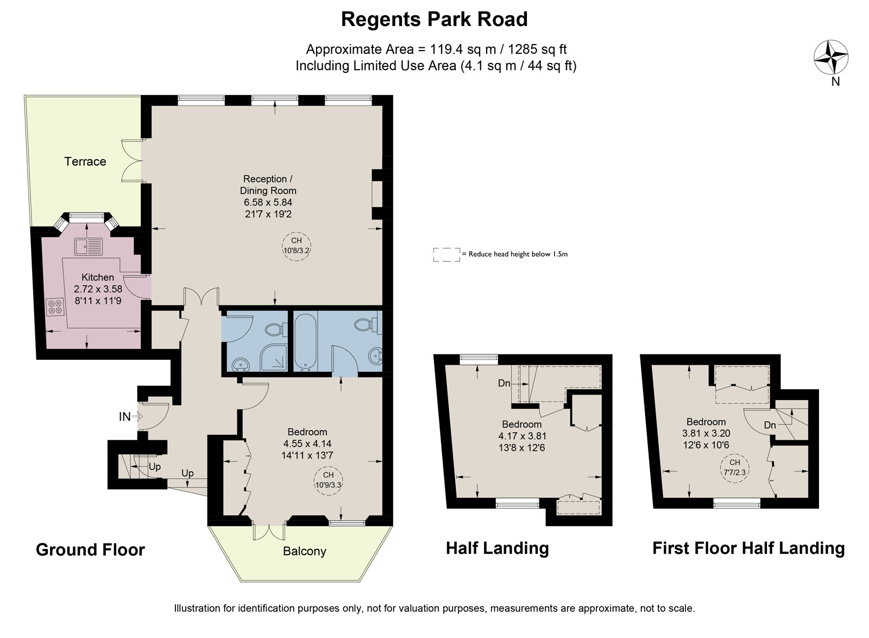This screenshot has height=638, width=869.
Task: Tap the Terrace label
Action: coord(85,161)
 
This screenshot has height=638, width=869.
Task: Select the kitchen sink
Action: coord(89,247)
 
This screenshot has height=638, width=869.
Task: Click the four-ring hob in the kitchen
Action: coord(55,306)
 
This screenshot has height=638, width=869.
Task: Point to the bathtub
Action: coord(305,341)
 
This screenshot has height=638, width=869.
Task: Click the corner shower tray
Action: coord(274,356)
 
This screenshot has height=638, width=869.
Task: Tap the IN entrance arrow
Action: coord(137,416)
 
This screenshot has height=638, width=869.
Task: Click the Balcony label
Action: coord(305,552)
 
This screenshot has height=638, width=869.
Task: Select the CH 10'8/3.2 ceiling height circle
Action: coord(297,246)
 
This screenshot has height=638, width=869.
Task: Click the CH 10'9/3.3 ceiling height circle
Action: coord(328,480)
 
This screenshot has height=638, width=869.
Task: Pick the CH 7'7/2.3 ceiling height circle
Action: coord(735,468)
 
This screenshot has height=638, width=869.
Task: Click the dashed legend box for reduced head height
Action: coord(446,254)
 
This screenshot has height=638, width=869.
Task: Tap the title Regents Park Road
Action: coord(434,20)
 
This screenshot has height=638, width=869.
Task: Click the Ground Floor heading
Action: coord(90,549)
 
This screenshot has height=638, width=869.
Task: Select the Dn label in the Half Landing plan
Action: coord(504,384)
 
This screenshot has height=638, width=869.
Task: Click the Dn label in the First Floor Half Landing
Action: coord(770,426)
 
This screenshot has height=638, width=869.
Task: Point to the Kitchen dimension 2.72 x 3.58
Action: coord(98,289)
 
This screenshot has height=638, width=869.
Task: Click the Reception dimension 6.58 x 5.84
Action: coord(268,202)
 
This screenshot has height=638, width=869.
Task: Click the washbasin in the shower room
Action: coord(241,365)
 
